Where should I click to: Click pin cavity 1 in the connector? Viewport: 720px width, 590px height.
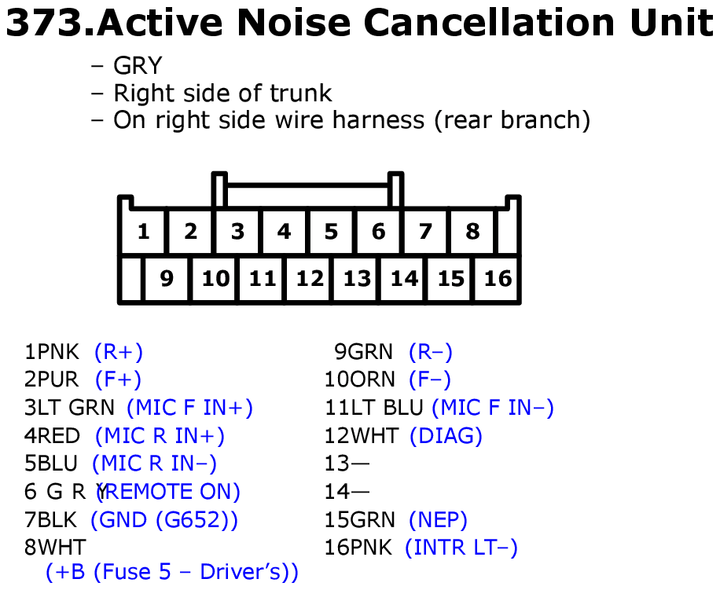143,231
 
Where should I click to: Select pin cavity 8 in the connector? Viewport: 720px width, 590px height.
472,231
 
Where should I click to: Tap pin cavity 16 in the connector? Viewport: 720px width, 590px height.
498,278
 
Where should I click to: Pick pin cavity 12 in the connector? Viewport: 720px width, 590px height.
310,278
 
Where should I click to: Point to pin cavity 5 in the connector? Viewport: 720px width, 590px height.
331,231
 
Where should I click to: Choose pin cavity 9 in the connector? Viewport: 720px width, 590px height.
166,278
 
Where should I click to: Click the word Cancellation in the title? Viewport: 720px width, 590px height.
490,23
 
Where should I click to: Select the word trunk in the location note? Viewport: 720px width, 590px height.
300,93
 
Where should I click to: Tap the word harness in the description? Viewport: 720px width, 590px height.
378,120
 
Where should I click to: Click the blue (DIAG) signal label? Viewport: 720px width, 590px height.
446,435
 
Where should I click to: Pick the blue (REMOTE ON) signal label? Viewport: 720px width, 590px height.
168,492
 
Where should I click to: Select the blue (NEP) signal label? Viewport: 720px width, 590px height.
438,520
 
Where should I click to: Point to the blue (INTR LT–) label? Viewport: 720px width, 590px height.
461,548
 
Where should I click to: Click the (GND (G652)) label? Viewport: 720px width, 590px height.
164,520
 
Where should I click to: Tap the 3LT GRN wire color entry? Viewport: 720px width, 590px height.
69,408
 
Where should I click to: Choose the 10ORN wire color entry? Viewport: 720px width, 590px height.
359,379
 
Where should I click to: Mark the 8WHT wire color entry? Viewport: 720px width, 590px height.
55,548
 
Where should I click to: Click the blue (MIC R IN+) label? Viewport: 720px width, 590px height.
160,435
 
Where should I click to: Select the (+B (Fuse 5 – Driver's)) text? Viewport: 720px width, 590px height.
171,572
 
